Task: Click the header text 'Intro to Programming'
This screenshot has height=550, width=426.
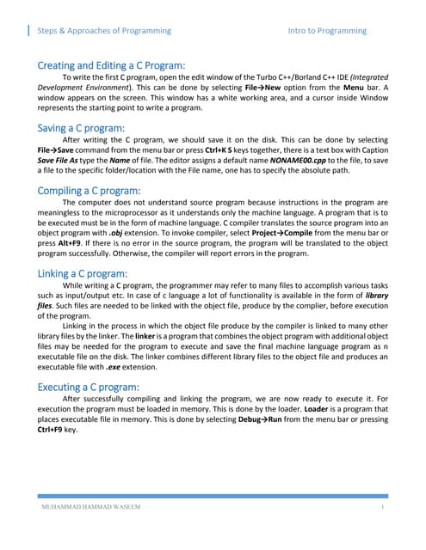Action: (327, 30)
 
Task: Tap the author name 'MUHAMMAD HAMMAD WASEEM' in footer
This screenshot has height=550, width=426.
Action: (91, 508)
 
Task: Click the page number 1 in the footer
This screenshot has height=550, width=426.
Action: (381, 508)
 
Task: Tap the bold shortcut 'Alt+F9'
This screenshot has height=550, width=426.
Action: (54, 247)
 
